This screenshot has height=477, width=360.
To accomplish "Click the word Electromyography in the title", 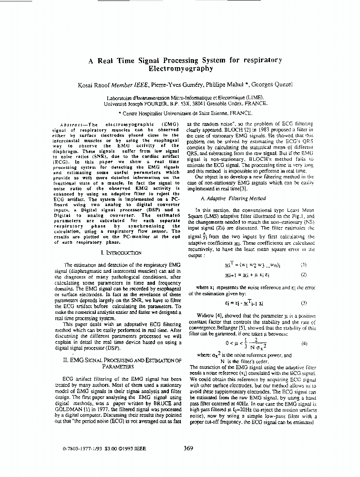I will (x=180, y=69).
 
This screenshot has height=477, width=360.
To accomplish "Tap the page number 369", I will (x=188, y=447).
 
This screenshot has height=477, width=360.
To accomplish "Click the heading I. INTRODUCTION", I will (x=121, y=252).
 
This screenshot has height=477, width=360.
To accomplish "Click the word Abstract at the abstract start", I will (x=72, y=123).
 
